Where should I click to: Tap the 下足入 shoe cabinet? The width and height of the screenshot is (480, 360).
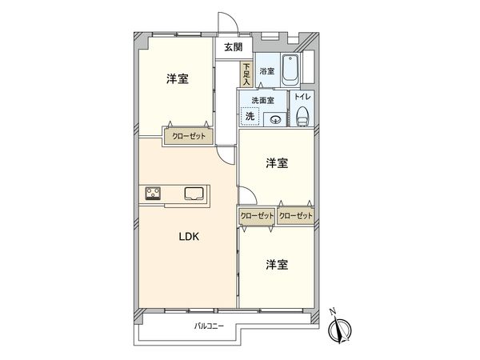pos(247,74)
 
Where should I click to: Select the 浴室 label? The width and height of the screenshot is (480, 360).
pos(267,71)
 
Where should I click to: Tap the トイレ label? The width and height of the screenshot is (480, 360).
pos(302,97)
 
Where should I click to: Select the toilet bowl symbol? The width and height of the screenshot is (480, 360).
pos(302,118)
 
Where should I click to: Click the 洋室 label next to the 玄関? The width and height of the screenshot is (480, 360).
pos(178,79)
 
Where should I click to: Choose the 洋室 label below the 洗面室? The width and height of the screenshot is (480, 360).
pos(278,163)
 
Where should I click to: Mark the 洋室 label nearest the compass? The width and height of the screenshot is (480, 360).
pos(278,263)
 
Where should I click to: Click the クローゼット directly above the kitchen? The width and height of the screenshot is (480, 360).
pos(189,136)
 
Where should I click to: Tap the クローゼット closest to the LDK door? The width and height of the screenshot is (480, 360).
pos(257,215)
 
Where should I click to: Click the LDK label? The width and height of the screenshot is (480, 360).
pos(188,237)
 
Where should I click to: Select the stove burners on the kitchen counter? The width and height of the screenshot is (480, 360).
pos(154,193)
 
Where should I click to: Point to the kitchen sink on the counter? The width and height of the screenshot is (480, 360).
pos(194,193)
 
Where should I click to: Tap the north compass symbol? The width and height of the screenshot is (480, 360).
pos(342,330)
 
